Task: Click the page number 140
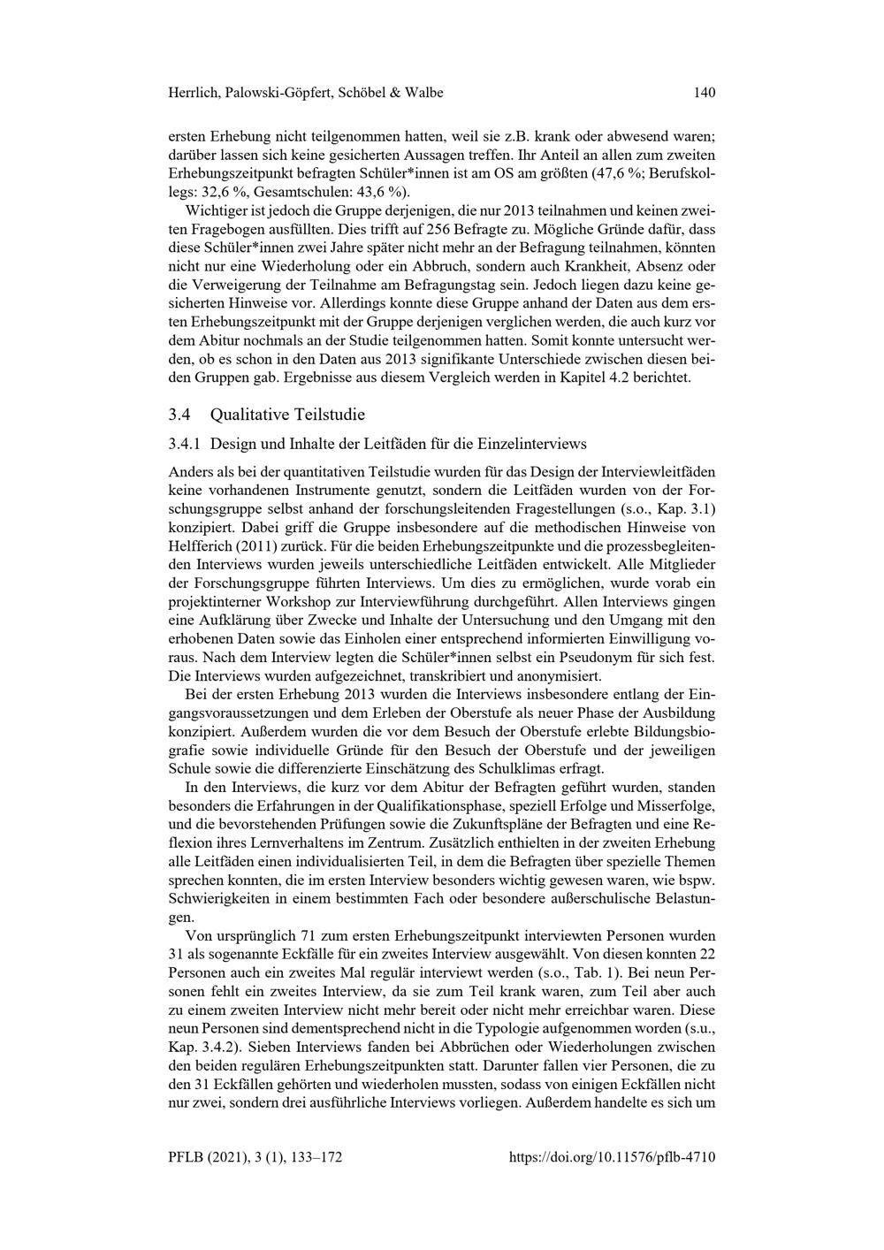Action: point(704,93)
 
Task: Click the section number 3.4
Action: point(179,415)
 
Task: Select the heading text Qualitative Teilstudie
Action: point(287,415)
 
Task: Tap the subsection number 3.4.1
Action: point(185,444)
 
